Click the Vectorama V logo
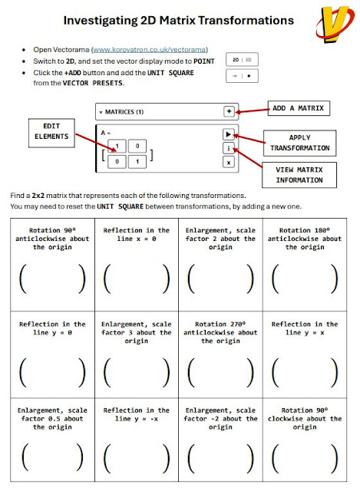click(335, 25)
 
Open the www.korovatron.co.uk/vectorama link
click(150, 49)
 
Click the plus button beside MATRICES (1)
click(229, 111)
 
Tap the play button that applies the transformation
click(229, 134)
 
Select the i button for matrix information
click(229, 148)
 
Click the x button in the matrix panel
click(229, 163)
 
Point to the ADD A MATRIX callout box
click(299, 108)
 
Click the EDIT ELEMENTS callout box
click(51, 133)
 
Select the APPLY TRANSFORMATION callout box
click(299, 143)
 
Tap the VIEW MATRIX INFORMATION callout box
click(299, 175)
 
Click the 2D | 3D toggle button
click(242, 60)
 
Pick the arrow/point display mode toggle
click(242, 76)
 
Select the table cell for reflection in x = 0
click(137, 265)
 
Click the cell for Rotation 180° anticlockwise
click(305, 265)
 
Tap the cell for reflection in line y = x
click(305, 354)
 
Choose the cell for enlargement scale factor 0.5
click(53, 440)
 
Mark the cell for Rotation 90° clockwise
click(305, 440)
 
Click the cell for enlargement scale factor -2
click(220, 440)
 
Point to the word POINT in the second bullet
click(204, 61)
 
